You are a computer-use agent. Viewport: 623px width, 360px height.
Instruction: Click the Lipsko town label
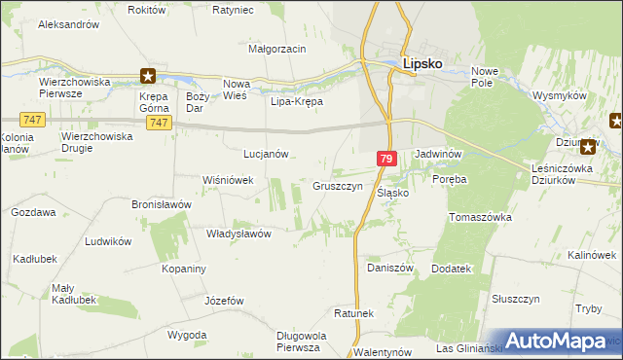pyautogui.click(x=423, y=64)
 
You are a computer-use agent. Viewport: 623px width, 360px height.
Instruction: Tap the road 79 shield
pyautogui.click(x=386, y=159)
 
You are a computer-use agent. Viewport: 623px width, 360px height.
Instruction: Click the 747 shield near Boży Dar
pyautogui.click(x=163, y=123)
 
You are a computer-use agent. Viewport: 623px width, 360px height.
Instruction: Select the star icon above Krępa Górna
pyautogui.click(x=147, y=75)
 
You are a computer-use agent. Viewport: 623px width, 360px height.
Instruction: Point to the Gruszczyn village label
pyautogui.click(x=338, y=185)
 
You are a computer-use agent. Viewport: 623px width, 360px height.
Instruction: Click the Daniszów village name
pyautogui.click(x=390, y=268)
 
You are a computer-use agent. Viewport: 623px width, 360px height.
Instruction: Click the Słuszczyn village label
pyautogui.click(x=515, y=300)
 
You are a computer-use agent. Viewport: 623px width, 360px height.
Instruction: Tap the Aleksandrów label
pyautogui.click(x=69, y=22)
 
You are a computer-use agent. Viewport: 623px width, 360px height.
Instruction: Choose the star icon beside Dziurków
pyautogui.click(x=587, y=148)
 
